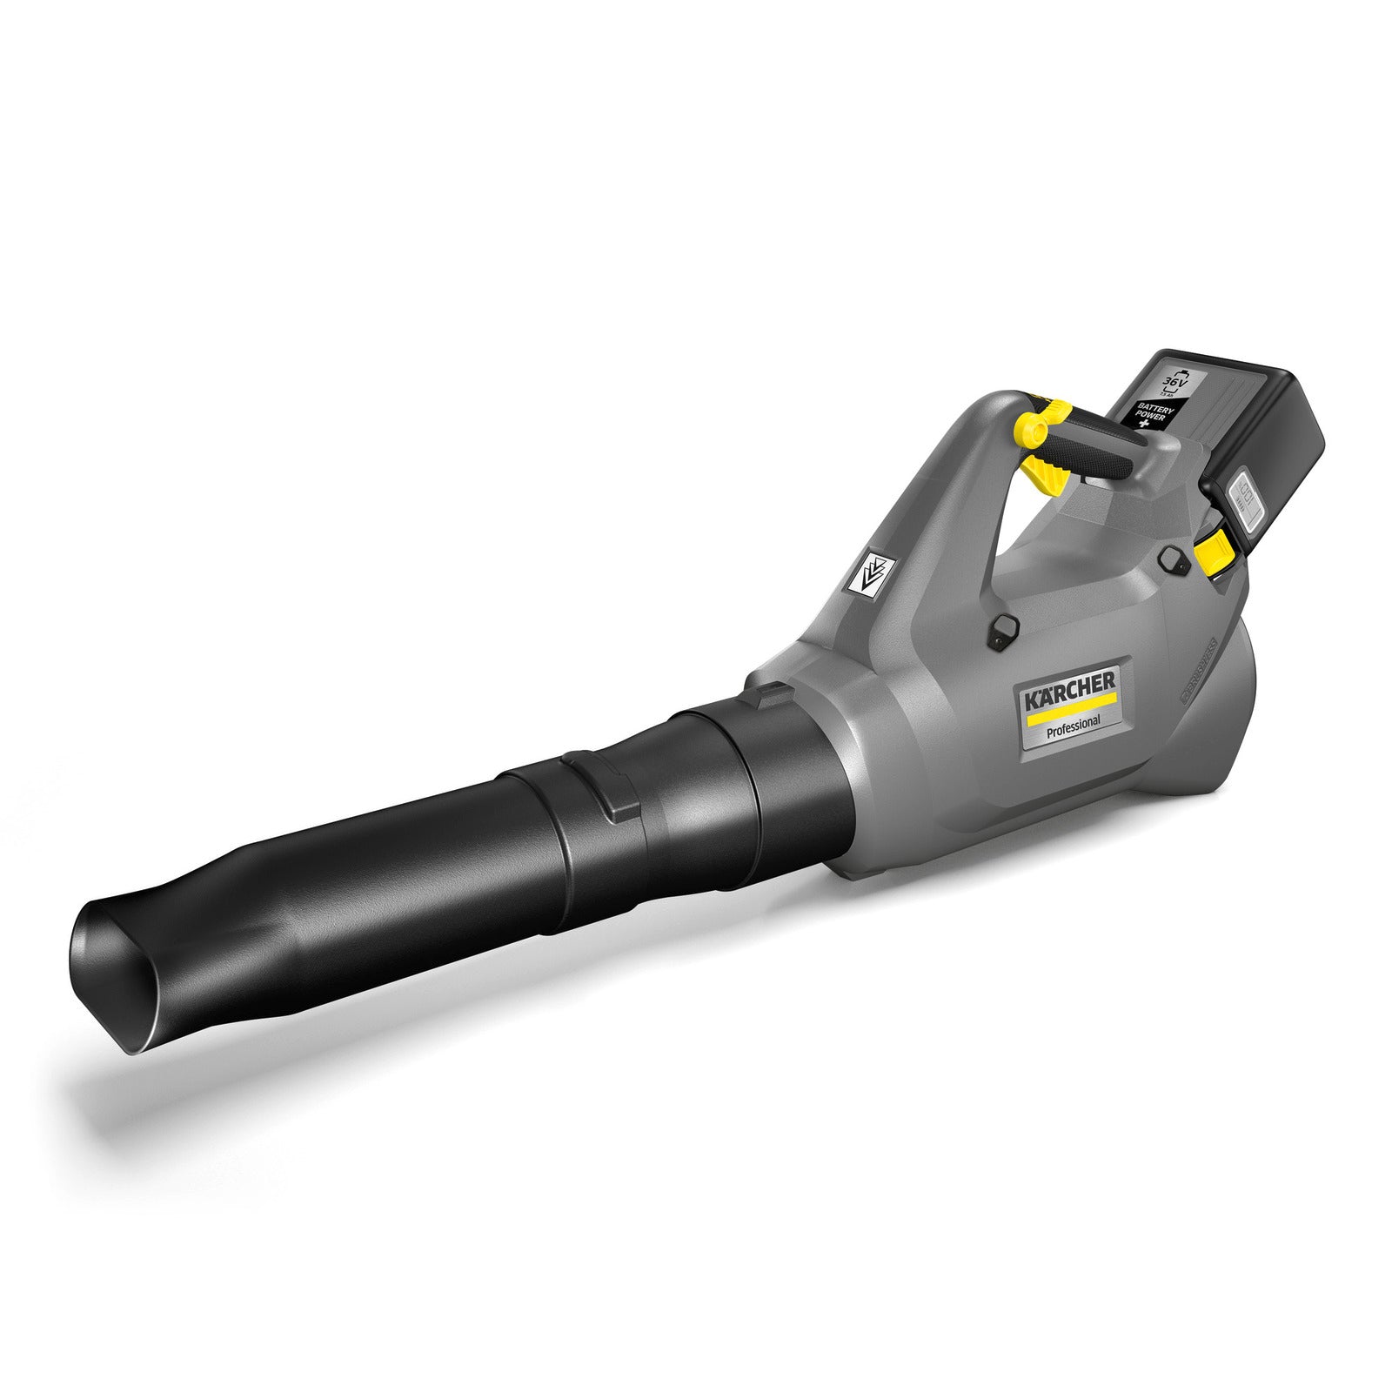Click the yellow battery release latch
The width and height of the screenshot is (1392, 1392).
(x=1214, y=552)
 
